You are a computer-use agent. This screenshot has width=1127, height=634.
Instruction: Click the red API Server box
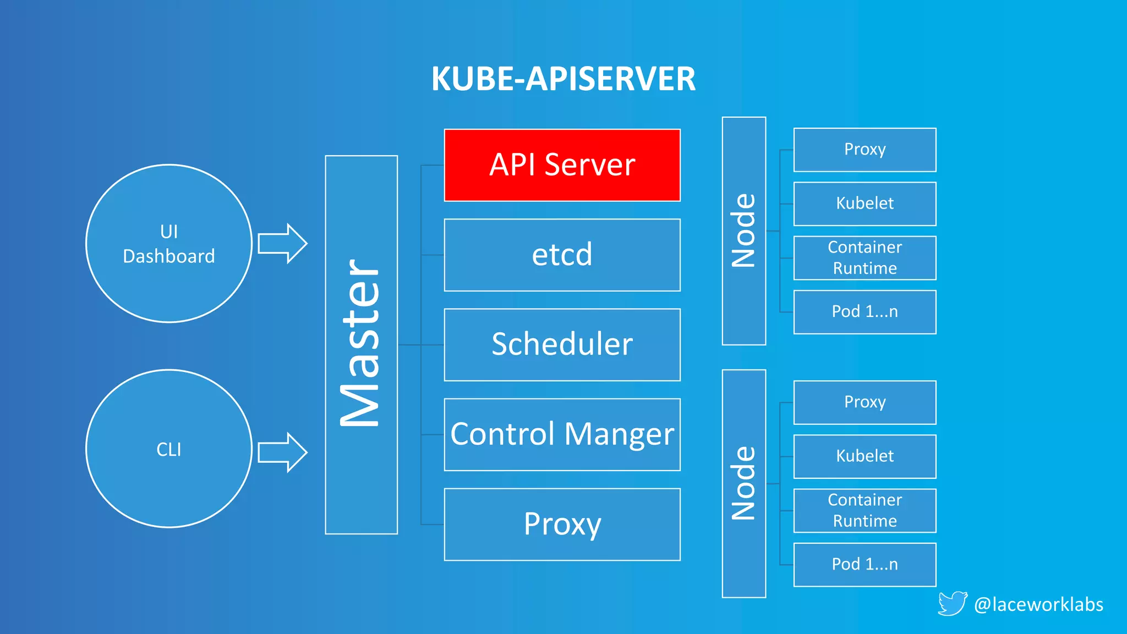(x=562, y=165)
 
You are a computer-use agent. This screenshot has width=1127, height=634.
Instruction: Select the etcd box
(x=562, y=255)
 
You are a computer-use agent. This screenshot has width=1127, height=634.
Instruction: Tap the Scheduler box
(x=562, y=345)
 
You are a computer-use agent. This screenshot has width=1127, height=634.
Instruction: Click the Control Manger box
(x=562, y=434)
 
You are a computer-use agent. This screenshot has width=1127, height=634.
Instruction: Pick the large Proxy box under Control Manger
(x=562, y=524)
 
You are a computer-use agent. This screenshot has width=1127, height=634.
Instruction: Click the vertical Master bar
(x=361, y=345)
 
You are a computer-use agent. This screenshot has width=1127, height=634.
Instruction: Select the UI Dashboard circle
(x=169, y=243)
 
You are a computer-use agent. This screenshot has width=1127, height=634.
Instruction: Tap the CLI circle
(x=169, y=449)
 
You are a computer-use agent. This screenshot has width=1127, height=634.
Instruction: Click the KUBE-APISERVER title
(x=563, y=79)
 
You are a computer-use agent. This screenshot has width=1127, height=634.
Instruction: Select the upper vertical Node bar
(x=743, y=231)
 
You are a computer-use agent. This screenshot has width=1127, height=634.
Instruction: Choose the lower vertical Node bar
(x=743, y=483)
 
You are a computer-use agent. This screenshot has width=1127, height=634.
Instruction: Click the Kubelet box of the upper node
(x=865, y=204)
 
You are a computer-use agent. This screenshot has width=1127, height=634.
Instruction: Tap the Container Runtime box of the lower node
(x=865, y=510)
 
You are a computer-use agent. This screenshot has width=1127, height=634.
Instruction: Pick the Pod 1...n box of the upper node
(x=865, y=311)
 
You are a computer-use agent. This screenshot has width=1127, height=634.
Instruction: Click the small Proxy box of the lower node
(x=865, y=402)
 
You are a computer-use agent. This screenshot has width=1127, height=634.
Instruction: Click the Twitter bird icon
(x=952, y=603)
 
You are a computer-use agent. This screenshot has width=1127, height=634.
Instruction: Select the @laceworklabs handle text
(x=1038, y=604)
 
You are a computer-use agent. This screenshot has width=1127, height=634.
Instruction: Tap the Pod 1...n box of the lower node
(x=865, y=564)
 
